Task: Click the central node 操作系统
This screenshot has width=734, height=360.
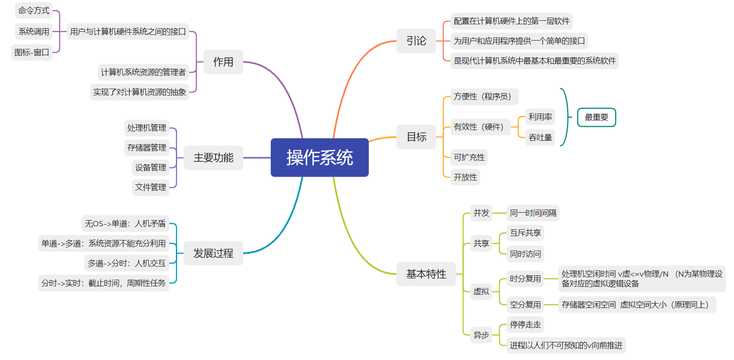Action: click(x=320, y=157)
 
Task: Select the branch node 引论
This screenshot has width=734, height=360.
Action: click(x=416, y=41)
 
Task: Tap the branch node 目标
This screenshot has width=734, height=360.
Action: click(x=416, y=137)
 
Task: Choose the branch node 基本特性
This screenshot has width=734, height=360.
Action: click(x=426, y=274)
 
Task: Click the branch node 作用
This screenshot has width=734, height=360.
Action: click(x=223, y=62)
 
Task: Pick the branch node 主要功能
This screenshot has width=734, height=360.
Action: click(x=213, y=157)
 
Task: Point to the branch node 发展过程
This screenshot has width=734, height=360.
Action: click(x=213, y=253)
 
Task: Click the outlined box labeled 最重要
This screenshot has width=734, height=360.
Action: click(x=596, y=117)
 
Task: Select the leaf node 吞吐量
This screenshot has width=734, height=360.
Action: click(x=540, y=137)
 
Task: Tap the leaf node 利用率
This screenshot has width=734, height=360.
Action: click(x=540, y=117)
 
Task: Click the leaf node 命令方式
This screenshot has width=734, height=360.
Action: click(x=34, y=11)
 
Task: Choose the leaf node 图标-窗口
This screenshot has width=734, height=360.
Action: click(x=32, y=52)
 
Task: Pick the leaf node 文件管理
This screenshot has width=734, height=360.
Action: click(x=150, y=187)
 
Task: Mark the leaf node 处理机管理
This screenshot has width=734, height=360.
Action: click(x=146, y=128)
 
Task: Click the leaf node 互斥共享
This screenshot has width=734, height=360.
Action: click(x=525, y=233)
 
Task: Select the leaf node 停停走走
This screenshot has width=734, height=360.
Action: click(x=525, y=325)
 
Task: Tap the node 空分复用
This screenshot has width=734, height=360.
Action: click(x=525, y=304)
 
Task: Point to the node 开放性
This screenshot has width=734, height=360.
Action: click(x=465, y=177)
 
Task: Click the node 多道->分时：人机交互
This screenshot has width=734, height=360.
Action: click(x=127, y=264)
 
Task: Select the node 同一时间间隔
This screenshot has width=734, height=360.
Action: click(x=533, y=213)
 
